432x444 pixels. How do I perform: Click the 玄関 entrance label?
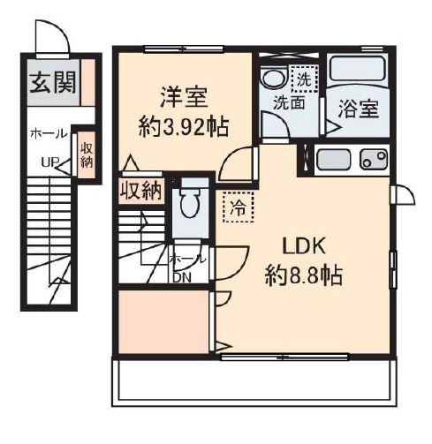(x=53, y=82)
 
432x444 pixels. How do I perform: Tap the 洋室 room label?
(x=184, y=97)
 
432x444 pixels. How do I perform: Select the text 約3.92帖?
(x=184, y=127)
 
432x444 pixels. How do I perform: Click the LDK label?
(x=304, y=246)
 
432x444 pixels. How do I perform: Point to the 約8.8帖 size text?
(x=304, y=275)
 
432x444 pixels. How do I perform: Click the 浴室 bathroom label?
(x=359, y=109)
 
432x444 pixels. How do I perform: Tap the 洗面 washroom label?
(x=289, y=103)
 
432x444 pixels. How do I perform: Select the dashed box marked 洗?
(x=305, y=79)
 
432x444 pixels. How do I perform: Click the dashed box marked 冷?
(x=238, y=207)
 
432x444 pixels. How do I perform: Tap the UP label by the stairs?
(x=50, y=162)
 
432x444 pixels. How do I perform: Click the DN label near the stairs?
(x=182, y=277)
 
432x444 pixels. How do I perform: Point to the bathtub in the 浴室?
(x=358, y=69)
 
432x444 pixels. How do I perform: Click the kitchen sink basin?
(x=333, y=160)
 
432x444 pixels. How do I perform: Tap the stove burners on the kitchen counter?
(x=374, y=159)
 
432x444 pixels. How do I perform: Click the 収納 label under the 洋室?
(x=141, y=191)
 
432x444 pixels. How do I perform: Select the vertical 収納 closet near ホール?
(x=87, y=154)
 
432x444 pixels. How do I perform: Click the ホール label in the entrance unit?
(x=49, y=134)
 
